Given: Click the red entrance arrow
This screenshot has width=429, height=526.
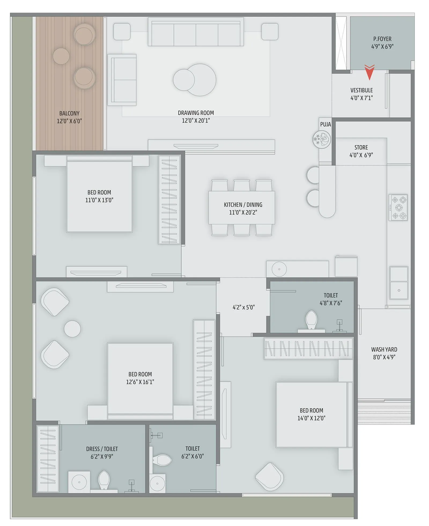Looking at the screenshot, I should [x=369, y=72].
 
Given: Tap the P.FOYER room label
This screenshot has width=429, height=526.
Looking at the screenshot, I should [x=382, y=39].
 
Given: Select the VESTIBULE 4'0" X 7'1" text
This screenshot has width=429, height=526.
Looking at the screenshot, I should [x=361, y=94].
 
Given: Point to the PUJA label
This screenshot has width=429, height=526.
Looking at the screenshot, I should [x=325, y=124].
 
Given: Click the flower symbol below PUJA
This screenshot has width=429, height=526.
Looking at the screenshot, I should [x=321, y=139].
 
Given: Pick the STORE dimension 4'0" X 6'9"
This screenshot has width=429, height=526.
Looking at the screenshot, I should [x=361, y=155].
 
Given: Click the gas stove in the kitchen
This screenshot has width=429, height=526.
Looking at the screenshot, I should [x=398, y=207].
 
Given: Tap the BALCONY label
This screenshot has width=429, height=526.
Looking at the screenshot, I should [x=69, y=113].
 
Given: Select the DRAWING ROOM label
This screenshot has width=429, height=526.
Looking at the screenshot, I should [x=196, y=113].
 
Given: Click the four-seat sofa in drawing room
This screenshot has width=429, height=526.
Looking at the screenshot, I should [x=196, y=33].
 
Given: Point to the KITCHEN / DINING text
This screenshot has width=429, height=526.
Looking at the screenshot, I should [x=243, y=205].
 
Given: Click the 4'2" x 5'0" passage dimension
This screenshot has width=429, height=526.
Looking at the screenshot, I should [x=243, y=307].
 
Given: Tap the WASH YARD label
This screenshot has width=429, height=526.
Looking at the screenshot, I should [x=384, y=349].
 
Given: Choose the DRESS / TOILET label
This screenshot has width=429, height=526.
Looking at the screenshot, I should [x=102, y=449].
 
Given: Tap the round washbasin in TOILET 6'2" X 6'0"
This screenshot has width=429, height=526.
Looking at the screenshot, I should [x=157, y=483].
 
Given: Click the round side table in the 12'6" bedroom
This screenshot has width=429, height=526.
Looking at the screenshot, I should [x=72, y=329].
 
